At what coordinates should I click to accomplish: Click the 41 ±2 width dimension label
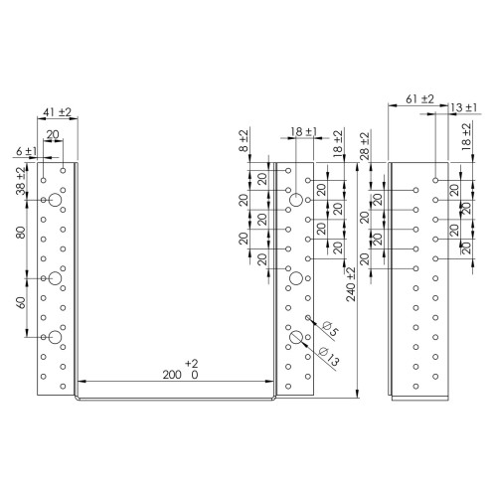[57, 112]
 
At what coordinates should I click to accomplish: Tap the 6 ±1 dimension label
[26, 151]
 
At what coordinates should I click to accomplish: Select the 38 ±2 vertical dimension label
[21, 181]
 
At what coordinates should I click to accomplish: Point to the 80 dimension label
[21, 233]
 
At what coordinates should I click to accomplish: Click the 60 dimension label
[21, 303]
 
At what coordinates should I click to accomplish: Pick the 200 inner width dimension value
[172, 375]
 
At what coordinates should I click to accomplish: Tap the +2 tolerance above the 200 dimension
[192, 364]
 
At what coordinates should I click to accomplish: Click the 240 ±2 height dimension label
[351, 284]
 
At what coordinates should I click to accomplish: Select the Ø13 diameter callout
[329, 357]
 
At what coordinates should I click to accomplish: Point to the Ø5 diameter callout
[330, 329]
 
